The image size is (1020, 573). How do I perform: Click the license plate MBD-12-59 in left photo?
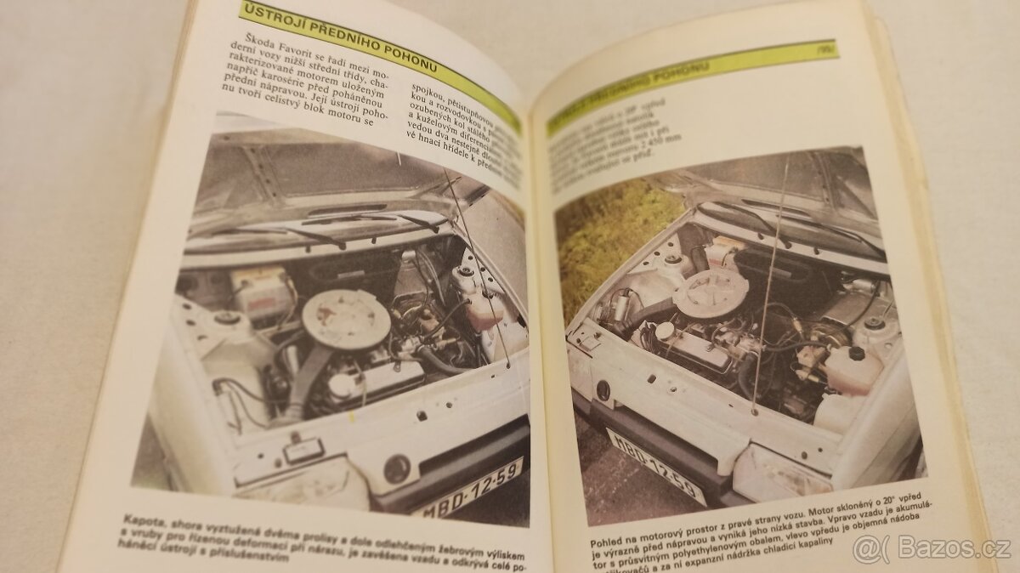(467, 489)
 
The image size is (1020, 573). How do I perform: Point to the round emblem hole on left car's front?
(395, 468)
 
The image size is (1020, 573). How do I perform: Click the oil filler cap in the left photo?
(343, 385)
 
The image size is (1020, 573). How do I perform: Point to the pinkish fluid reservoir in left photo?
(484, 310)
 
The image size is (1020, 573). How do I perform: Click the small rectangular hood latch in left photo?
(303, 449)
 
